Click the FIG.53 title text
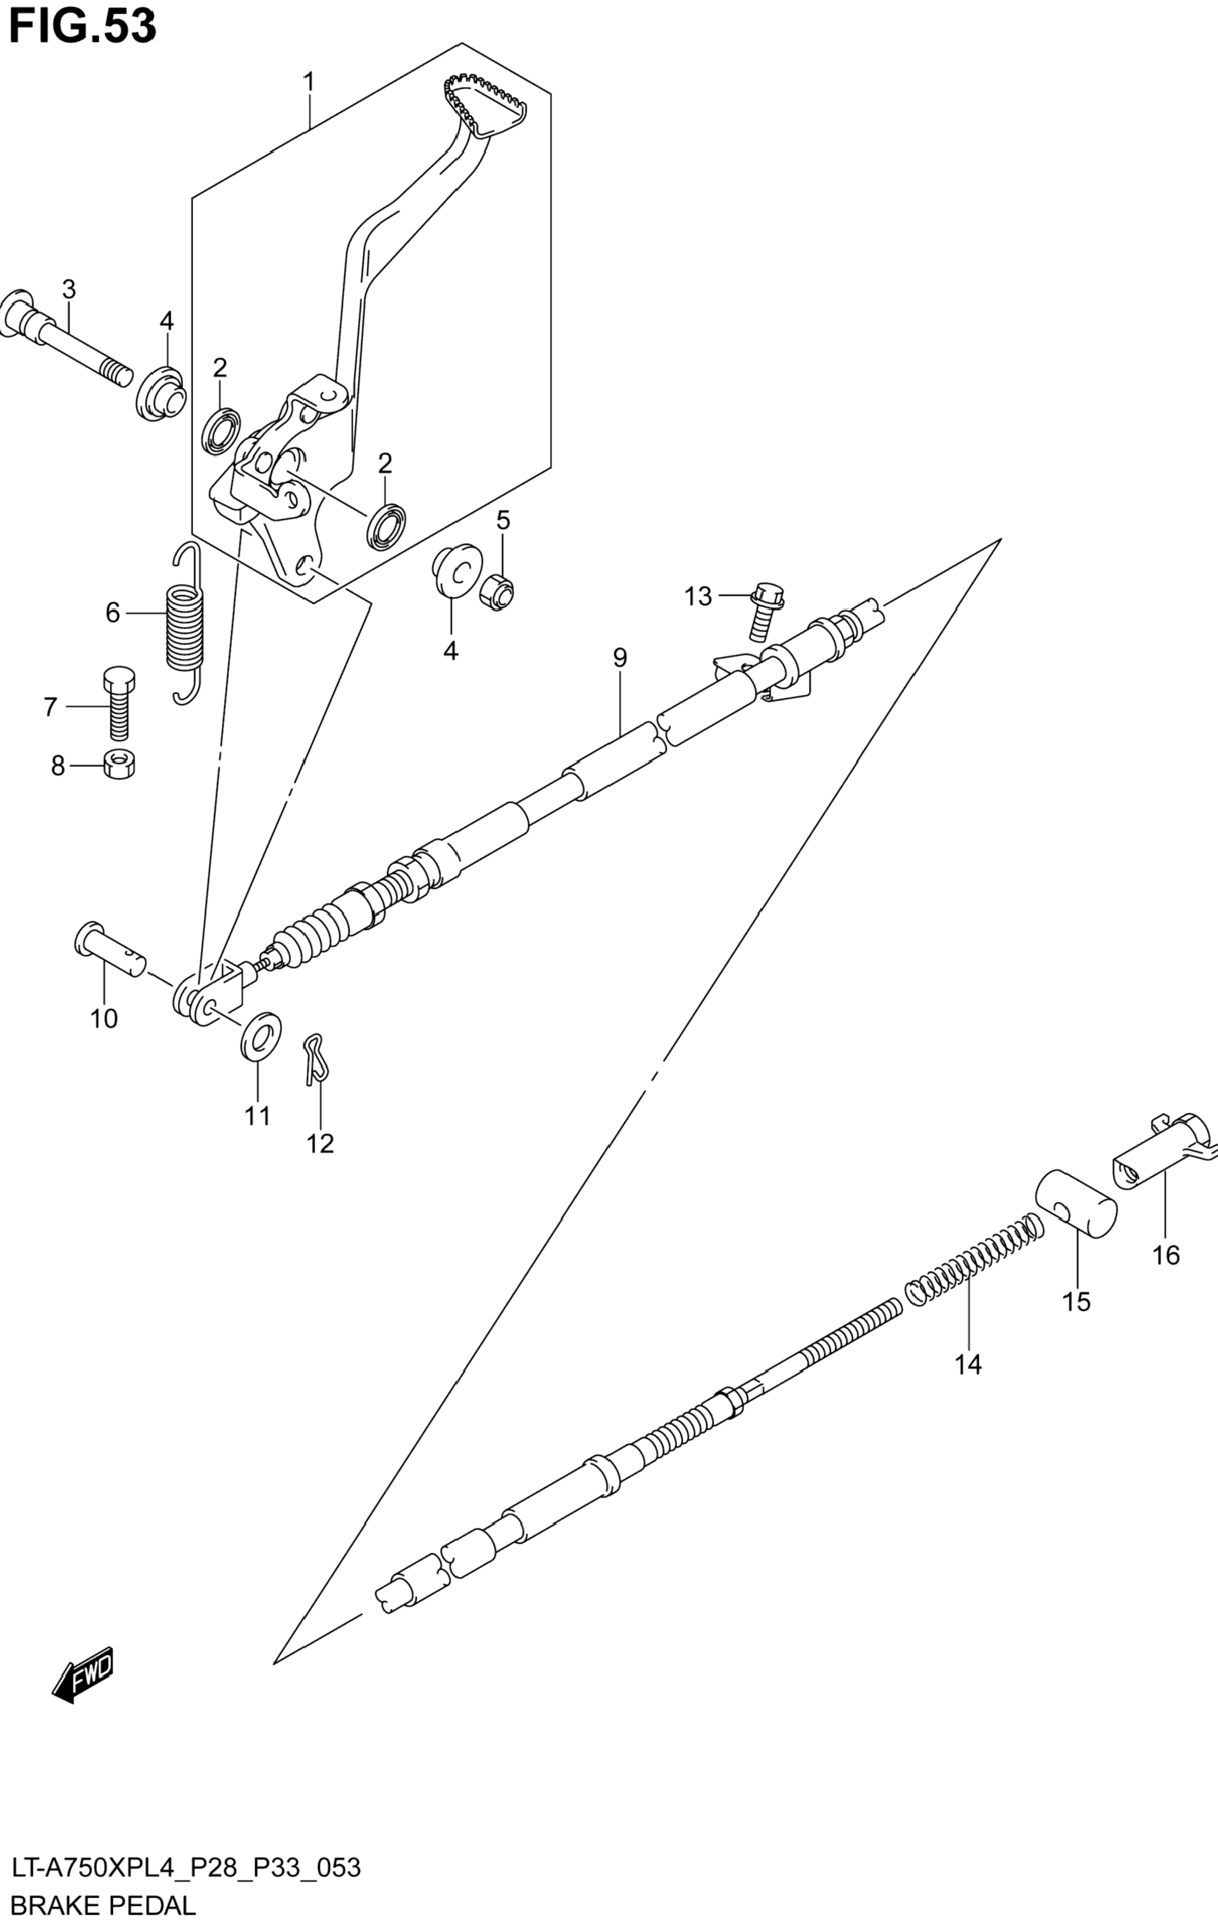pos(82,27)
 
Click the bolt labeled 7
pos(118,703)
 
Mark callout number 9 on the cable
pos(620,658)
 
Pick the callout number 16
pos(1166,1256)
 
